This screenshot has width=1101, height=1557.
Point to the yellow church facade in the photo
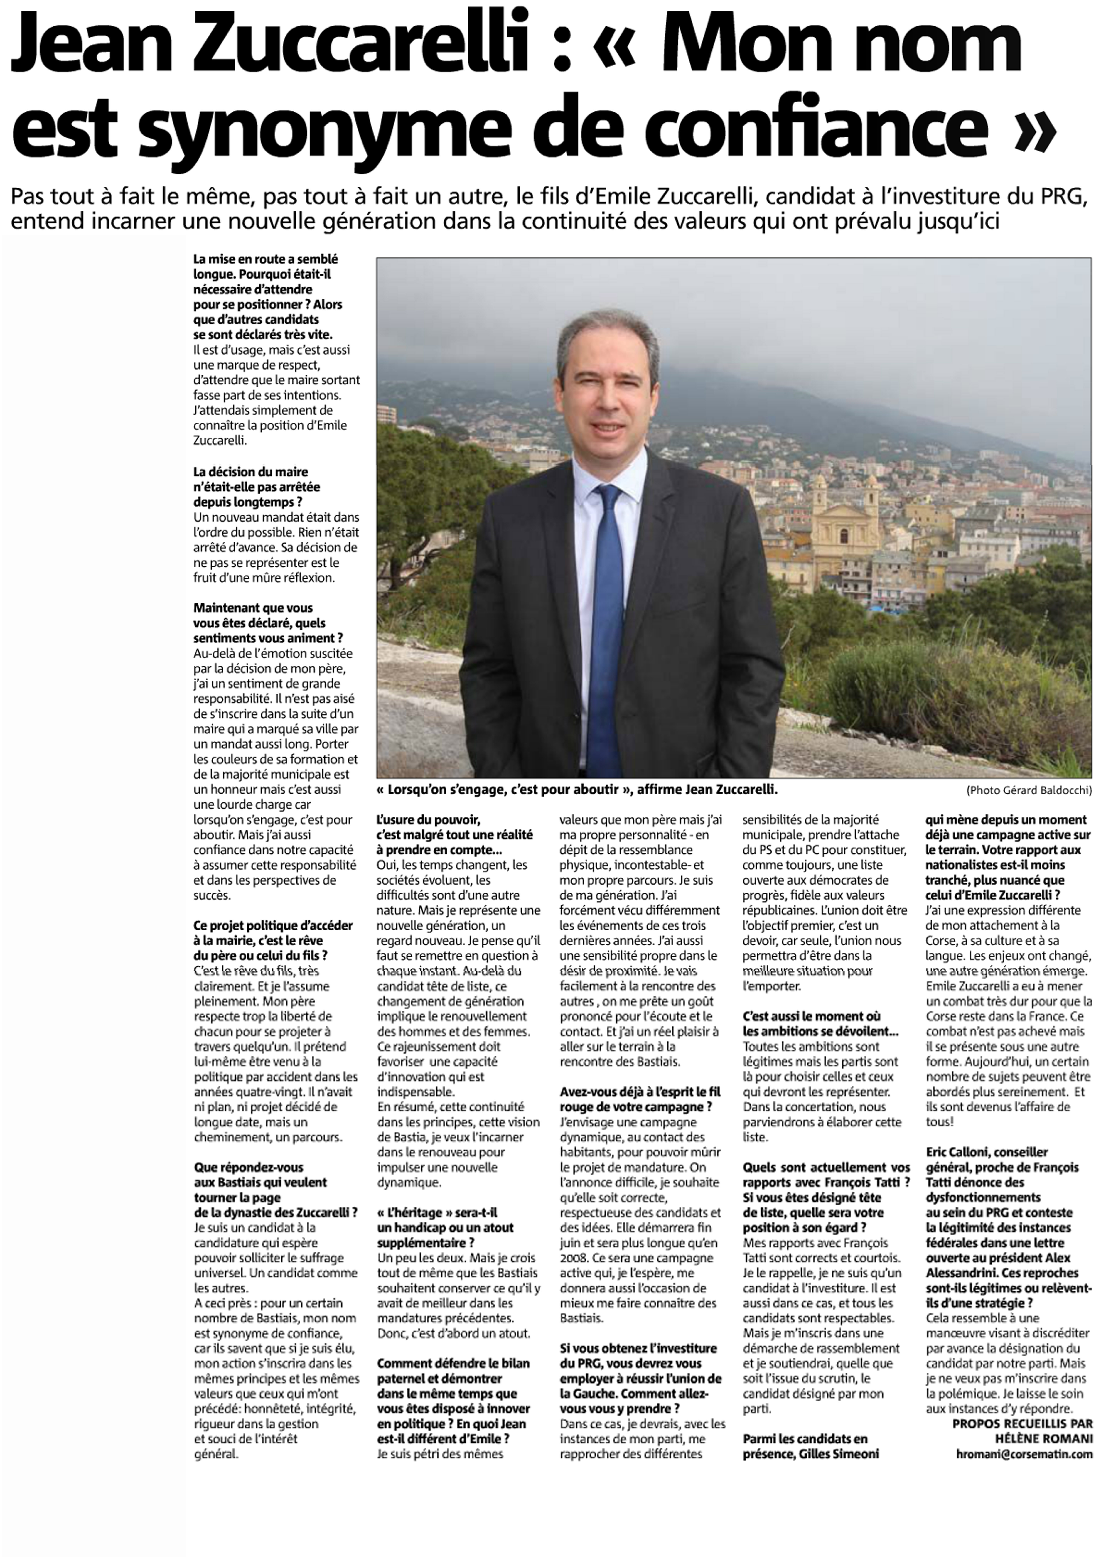845,536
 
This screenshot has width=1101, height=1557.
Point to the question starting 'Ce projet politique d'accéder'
273,941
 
